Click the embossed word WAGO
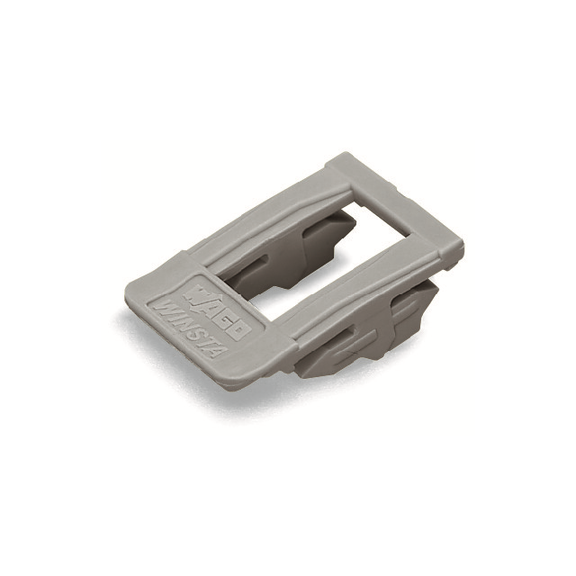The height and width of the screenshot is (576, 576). (217, 310)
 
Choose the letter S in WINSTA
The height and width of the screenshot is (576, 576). (194, 331)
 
